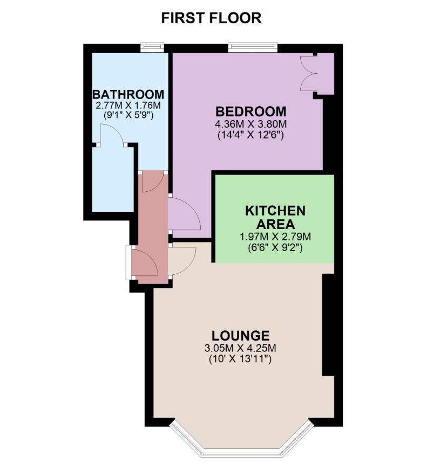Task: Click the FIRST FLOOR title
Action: pyautogui.click(x=211, y=18)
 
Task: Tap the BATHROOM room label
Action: pyautogui.click(x=128, y=94)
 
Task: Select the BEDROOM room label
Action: pyautogui.click(x=251, y=112)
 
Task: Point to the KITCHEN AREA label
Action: pyautogui.click(x=275, y=217)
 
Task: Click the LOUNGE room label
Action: pyautogui.click(x=240, y=336)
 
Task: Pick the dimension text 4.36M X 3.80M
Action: pyautogui.click(x=251, y=124)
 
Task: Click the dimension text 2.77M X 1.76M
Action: pyautogui.click(x=128, y=105)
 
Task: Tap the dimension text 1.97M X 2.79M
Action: pyautogui.click(x=275, y=237)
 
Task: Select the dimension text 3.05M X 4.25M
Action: pyautogui.click(x=240, y=348)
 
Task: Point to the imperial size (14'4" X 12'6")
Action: pyautogui.click(x=251, y=135)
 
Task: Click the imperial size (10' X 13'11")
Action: pyautogui.click(x=240, y=359)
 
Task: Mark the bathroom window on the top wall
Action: pyautogui.click(x=152, y=47)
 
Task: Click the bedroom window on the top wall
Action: pyautogui.click(x=253, y=47)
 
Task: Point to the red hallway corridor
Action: pyautogui.click(x=153, y=227)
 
